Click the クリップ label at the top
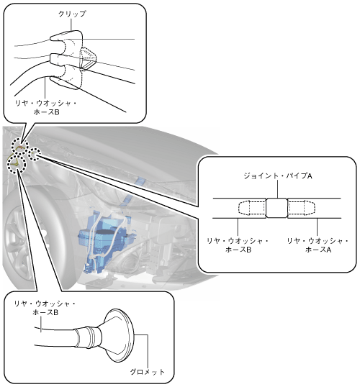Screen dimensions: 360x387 [x=72, y=14]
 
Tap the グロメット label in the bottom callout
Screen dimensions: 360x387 [x=148, y=371]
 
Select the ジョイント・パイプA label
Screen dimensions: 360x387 [x=278, y=176]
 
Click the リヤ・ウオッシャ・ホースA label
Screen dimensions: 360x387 [x=318, y=245]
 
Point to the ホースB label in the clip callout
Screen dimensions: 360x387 [x=47, y=112]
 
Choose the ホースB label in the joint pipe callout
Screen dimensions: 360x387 [x=238, y=250]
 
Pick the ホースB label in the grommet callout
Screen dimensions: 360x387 [x=45, y=312]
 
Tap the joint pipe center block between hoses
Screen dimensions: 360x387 [x=276, y=208]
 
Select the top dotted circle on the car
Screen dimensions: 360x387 [x=20, y=147]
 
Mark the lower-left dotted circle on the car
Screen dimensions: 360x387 [x=17, y=164]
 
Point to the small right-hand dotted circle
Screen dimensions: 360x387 [x=34, y=154]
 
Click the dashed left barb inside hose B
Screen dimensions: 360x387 [x=252, y=208]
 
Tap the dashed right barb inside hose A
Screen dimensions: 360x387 [x=302, y=208]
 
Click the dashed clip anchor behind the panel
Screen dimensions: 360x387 [x=89, y=58]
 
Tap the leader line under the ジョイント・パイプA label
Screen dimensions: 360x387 [x=278, y=189]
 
